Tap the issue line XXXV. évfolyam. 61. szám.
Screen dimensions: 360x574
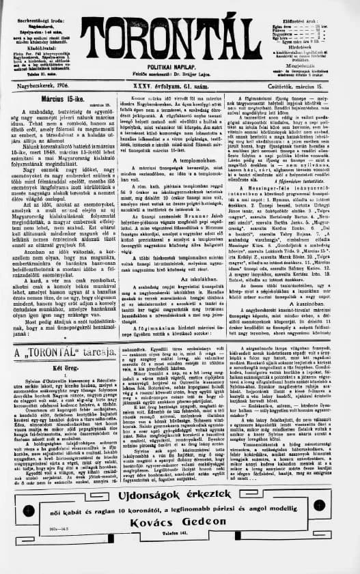pos(179,87)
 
